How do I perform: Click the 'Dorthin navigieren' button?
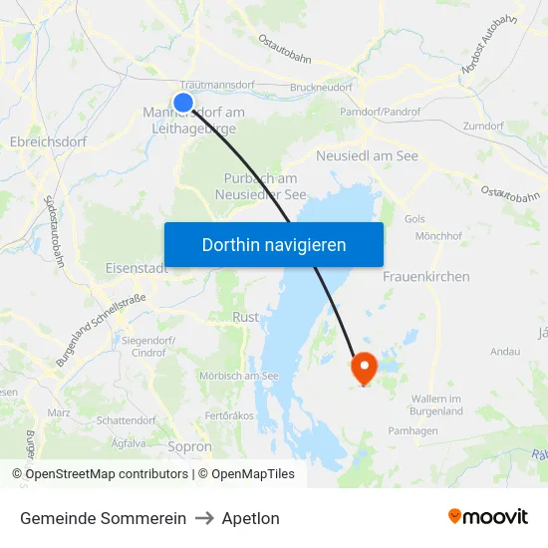(x=274, y=244)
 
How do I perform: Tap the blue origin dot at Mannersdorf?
(x=183, y=102)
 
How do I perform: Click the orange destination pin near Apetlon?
(x=364, y=368)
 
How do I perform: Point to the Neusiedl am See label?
(x=367, y=156)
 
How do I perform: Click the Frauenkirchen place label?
(x=425, y=276)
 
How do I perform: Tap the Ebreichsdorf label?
(x=48, y=141)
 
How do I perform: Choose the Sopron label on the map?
(x=191, y=447)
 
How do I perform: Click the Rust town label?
(x=245, y=317)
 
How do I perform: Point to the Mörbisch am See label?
(x=238, y=376)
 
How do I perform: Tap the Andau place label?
(x=505, y=352)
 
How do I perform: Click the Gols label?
(x=415, y=218)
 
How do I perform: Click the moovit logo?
(x=488, y=517)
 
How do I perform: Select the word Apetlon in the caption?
(x=250, y=518)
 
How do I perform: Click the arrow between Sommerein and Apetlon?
(x=203, y=518)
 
